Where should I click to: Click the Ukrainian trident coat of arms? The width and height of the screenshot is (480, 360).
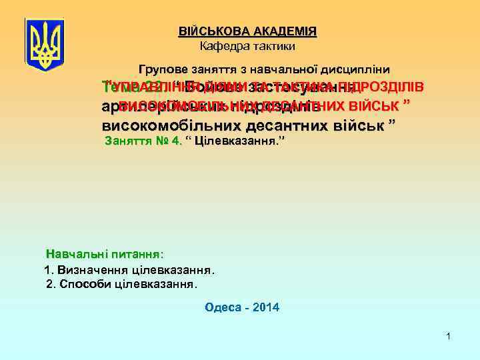click(45, 41)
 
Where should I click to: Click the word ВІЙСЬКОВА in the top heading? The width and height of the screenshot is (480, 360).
click(211, 31)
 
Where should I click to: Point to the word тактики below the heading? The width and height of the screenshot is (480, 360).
click(273, 46)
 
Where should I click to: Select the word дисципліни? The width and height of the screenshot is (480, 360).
click(359, 69)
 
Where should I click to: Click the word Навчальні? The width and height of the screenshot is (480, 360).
click(74, 254)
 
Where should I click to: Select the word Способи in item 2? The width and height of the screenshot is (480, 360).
click(84, 284)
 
